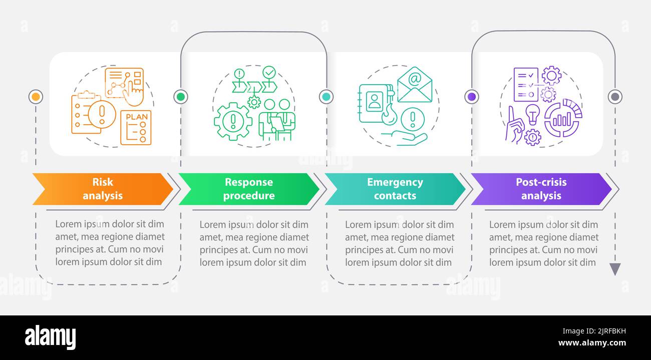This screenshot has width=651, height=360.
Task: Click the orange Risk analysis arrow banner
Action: coord(103,189)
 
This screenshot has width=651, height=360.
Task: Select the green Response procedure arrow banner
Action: coord(249,189)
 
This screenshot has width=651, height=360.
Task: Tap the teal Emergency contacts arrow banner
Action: coord(395,189)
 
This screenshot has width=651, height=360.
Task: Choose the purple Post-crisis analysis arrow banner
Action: coord(541,189)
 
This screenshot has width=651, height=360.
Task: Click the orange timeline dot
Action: coord(36,97)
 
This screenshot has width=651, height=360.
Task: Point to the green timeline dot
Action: coord(181,97)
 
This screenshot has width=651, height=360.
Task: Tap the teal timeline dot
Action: coord(326,97)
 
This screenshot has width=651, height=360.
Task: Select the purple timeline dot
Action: coord(471,97)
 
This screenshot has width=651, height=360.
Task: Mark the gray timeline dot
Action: coord(615,97)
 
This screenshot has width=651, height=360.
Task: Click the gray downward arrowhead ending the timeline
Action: coord(615,269)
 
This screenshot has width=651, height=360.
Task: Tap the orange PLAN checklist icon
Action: coord(136,127)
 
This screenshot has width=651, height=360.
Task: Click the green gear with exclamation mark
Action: coord(233,121)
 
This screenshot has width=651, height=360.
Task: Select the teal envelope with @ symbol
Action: coord(414,85)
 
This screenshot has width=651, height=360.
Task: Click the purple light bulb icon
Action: coord(532,114)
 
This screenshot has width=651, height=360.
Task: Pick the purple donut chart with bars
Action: coord(562,118)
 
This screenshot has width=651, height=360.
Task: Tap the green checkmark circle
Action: coord(269,73)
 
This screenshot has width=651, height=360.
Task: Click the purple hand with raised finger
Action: coord(514,125)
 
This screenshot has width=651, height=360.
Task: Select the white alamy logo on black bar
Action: coord(50,337)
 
